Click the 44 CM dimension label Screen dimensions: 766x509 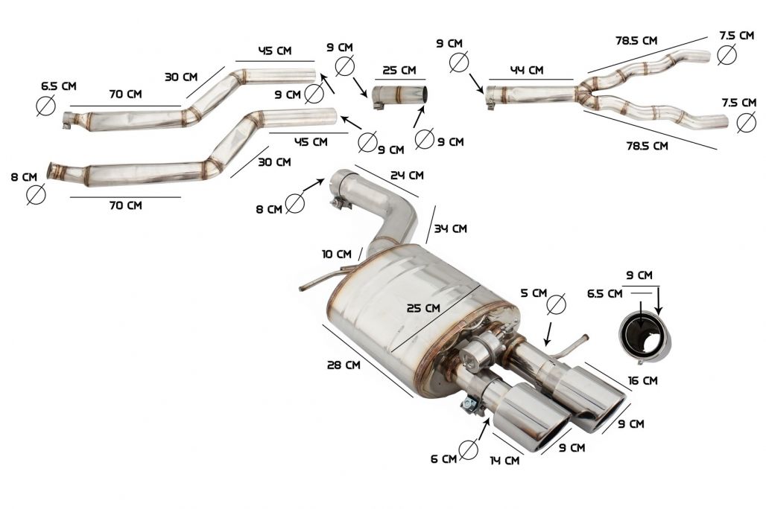coord(528,70)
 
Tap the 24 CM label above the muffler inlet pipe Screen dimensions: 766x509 coord(407,175)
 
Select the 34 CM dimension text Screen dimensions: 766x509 coord(450,228)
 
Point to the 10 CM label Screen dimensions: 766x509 coord(337,254)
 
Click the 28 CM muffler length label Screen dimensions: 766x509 coord(344,365)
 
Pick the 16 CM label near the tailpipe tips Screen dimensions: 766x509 coord(642,381)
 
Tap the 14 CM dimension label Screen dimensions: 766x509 coord(504,460)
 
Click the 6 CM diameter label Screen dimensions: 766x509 coord(443,459)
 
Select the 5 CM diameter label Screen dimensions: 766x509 coord(534,293)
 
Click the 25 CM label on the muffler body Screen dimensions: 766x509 coord(423,308)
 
